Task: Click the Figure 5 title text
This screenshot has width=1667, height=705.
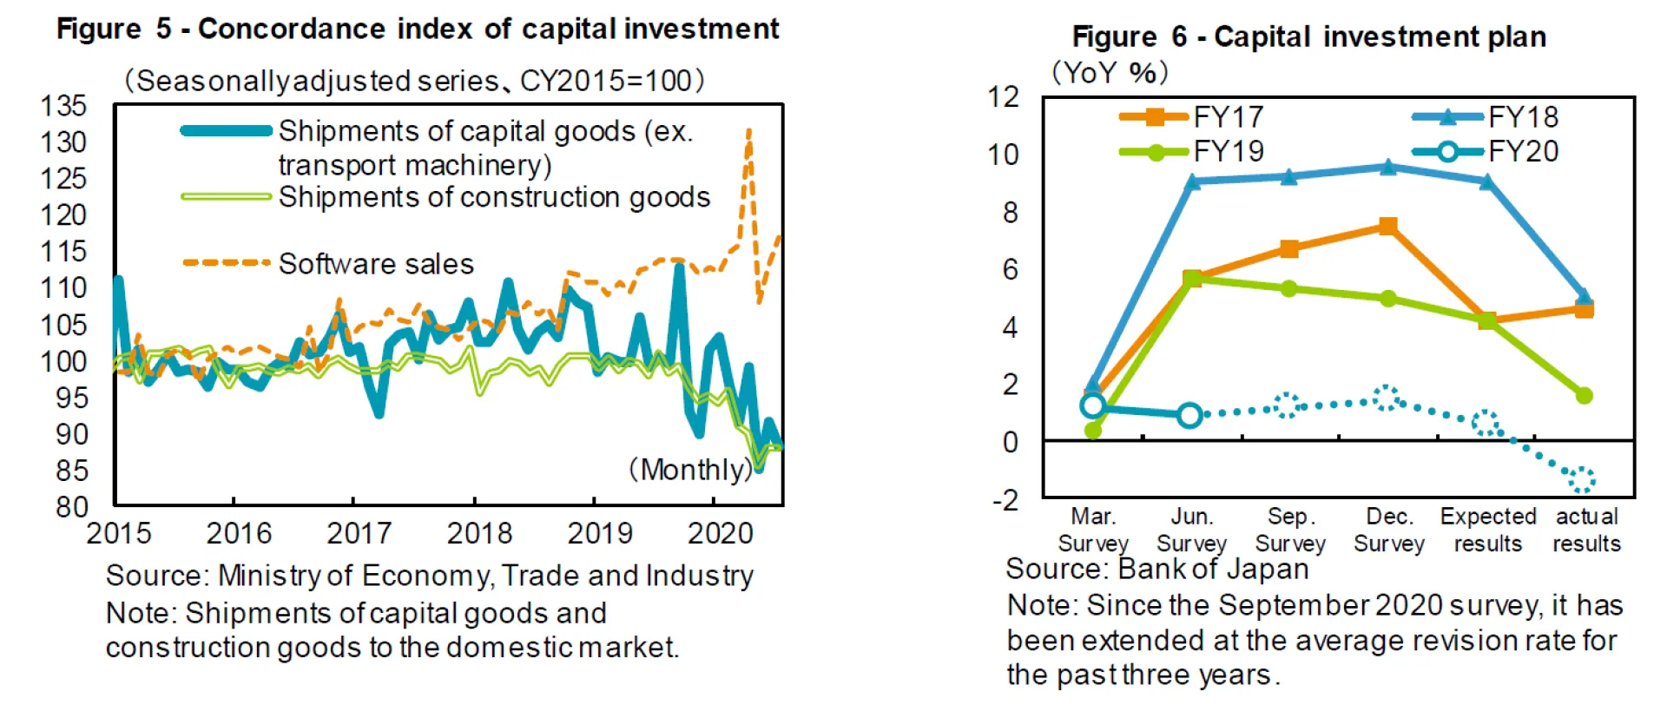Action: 418,29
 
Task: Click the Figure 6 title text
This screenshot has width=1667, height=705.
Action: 1309,36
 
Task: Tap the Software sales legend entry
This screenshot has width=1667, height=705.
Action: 376,264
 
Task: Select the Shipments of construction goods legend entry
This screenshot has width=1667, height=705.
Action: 494,197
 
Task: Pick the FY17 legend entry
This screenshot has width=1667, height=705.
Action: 1228,117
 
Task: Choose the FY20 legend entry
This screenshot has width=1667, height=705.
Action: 1523,152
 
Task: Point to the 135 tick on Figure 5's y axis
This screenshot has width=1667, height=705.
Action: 63,106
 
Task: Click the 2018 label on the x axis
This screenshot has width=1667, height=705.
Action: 479,532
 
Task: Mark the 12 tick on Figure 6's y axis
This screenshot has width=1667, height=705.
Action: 1004,96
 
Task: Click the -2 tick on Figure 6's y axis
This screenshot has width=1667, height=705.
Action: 1005,500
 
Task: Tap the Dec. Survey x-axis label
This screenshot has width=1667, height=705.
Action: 1389,530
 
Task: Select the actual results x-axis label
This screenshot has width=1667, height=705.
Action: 1586,530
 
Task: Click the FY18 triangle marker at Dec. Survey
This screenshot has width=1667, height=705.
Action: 1388,167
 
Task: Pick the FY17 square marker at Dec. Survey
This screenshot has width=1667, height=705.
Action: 1388,227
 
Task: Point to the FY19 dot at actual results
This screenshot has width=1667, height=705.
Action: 1585,396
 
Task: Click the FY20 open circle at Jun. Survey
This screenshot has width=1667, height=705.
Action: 1190,415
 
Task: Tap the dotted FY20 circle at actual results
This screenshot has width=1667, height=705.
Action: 1582,478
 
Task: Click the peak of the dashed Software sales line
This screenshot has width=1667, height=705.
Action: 748,130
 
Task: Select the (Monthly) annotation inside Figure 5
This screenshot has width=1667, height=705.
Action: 690,470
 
